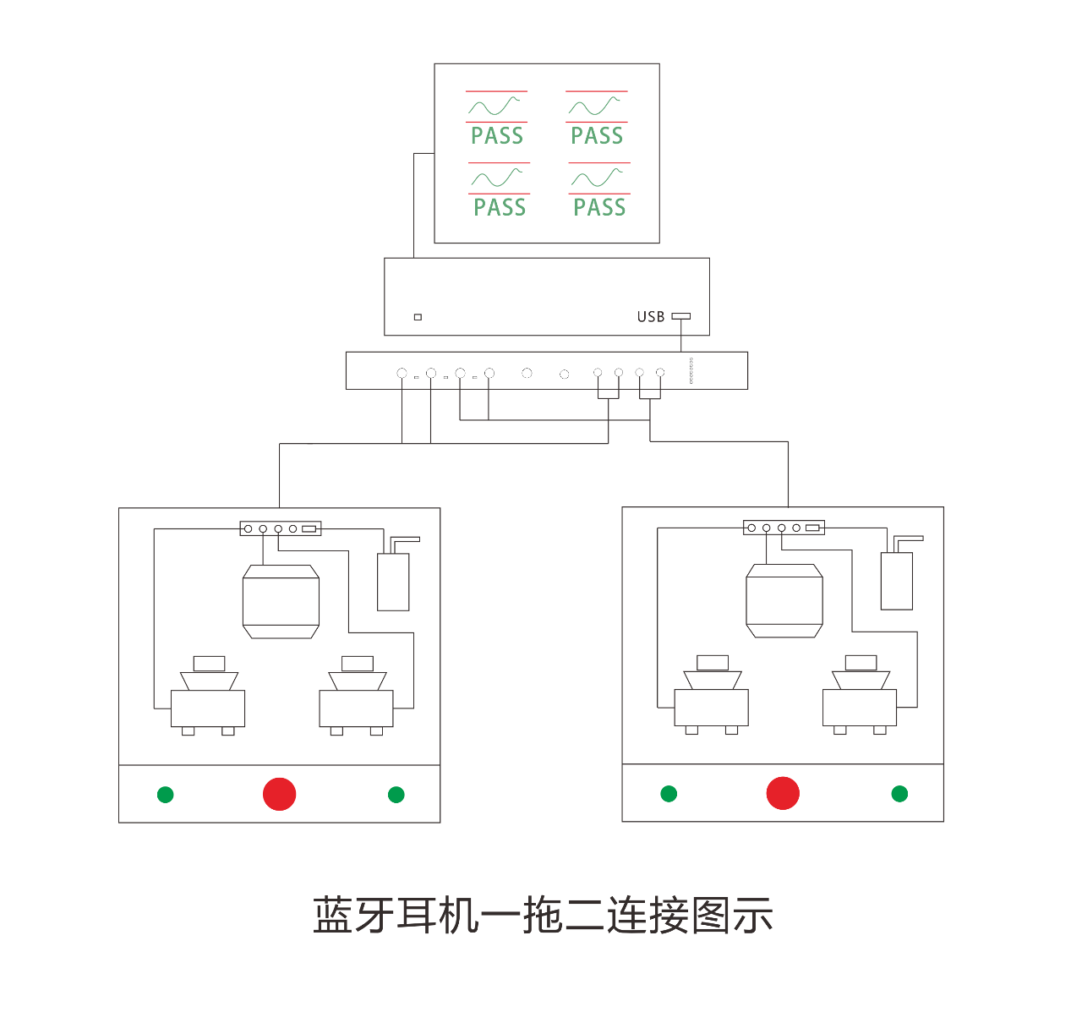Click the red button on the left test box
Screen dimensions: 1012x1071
pyautogui.click(x=280, y=794)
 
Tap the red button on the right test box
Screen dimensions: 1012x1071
pyautogui.click(x=783, y=793)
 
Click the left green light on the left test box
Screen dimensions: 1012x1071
pyautogui.click(x=166, y=795)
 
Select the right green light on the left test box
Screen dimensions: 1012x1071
pyautogui.click(x=396, y=795)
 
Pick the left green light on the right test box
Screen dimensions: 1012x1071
pyautogui.click(x=669, y=794)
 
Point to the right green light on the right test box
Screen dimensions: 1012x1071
pyautogui.click(x=899, y=794)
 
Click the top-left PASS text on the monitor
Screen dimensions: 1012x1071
pyautogui.click(x=497, y=135)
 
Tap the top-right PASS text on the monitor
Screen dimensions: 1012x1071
pyautogui.click(x=597, y=135)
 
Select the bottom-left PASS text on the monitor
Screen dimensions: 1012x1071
pyautogui.click(x=500, y=207)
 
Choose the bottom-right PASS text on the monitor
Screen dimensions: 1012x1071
pyautogui.click(x=599, y=207)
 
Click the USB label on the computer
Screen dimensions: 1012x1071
pyautogui.click(x=651, y=317)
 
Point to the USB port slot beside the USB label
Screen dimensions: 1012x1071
pyautogui.click(x=680, y=316)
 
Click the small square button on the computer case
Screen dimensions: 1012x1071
pyautogui.click(x=418, y=317)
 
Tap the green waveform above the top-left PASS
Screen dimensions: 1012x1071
pyautogui.click(x=495, y=107)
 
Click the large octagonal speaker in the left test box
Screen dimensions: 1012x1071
pyautogui.click(x=281, y=601)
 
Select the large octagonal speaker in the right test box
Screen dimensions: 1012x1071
pyautogui.click(x=784, y=600)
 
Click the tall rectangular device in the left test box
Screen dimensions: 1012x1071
pyautogui.click(x=393, y=582)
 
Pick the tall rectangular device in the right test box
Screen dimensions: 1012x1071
pyautogui.click(x=897, y=581)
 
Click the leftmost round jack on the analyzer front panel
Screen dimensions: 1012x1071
pyautogui.click(x=402, y=373)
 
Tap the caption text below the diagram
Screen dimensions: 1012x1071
pyautogui.click(x=543, y=916)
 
